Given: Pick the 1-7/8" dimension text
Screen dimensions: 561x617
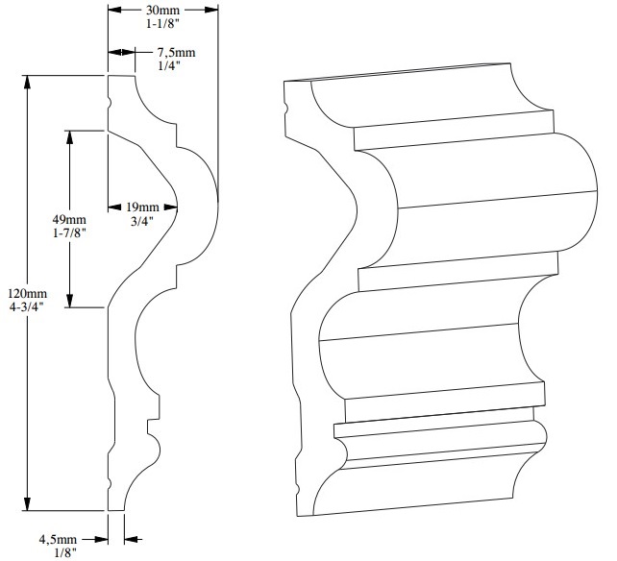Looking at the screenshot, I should [x=69, y=232].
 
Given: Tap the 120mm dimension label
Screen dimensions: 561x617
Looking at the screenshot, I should [x=27, y=293].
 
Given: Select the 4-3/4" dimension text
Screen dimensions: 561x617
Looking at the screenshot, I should [x=27, y=307].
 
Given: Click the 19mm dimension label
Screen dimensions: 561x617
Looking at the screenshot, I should [x=142, y=207].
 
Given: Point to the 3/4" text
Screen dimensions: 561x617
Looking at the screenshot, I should [x=142, y=221].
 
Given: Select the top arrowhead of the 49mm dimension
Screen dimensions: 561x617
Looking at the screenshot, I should [x=69, y=137].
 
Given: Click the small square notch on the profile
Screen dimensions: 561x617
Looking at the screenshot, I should [x=150, y=427].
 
